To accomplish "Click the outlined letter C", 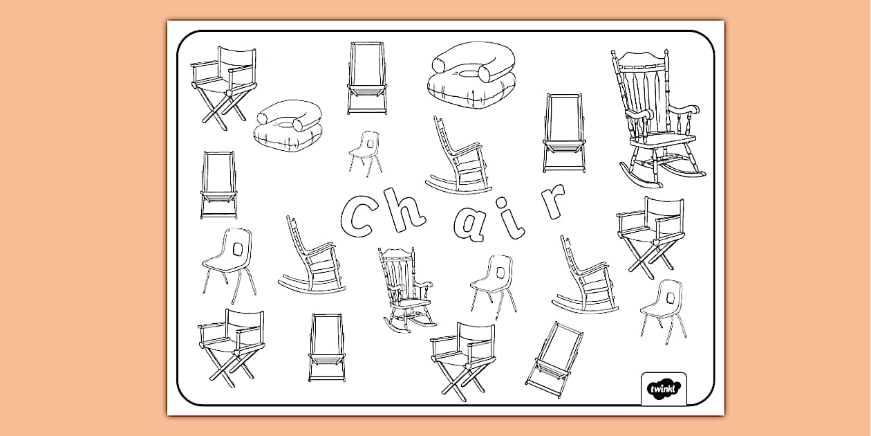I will click(x=361, y=215).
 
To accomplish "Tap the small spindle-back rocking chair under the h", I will click(x=406, y=287).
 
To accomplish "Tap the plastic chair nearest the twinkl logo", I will click(x=662, y=307).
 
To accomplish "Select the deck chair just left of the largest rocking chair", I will click(x=564, y=133).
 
